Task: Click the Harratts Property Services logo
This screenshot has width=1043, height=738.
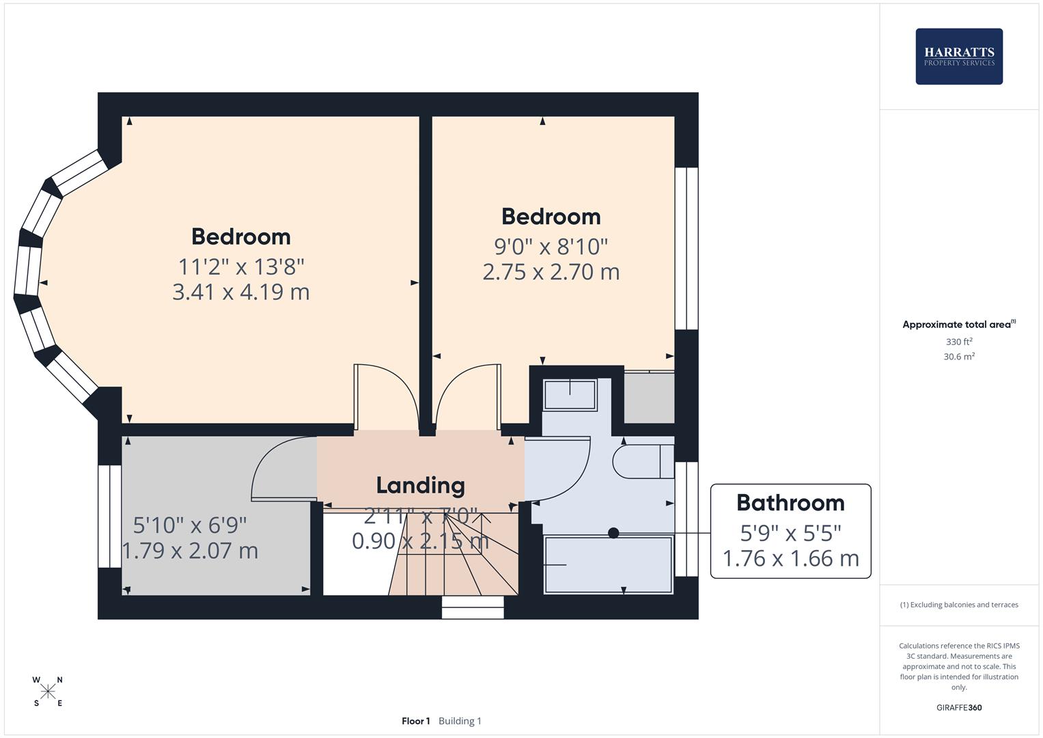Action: pyautogui.click(x=959, y=57)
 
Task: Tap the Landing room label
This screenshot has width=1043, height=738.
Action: pyautogui.click(x=420, y=485)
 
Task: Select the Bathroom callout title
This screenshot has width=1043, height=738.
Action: pyautogui.click(x=790, y=503)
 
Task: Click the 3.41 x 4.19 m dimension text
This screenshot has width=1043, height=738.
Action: pyautogui.click(x=240, y=292)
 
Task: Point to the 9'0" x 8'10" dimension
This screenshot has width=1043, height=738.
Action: pyautogui.click(x=551, y=245)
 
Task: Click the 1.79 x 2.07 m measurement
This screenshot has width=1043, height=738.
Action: pyautogui.click(x=190, y=551)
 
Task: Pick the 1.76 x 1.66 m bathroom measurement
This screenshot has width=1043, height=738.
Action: pyautogui.click(x=790, y=559)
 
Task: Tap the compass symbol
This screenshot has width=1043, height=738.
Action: pyautogui.click(x=48, y=692)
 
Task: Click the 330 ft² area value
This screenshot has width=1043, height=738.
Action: pyautogui.click(x=958, y=342)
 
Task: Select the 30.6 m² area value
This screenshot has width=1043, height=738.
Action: pyautogui.click(x=958, y=357)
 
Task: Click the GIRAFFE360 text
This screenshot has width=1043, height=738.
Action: pyautogui.click(x=958, y=708)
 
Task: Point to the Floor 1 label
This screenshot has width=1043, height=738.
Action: pyautogui.click(x=415, y=721)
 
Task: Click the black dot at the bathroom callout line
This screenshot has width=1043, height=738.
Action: pyautogui.click(x=613, y=533)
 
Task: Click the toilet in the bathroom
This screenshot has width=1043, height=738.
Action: pyautogui.click(x=642, y=461)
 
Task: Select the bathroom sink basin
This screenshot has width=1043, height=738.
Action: pyautogui.click(x=570, y=395)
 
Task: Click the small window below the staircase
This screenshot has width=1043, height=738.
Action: pyautogui.click(x=473, y=607)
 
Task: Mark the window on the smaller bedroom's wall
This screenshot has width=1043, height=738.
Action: pyautogui.click(x=686, y=249)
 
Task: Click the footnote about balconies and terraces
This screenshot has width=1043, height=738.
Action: pyautogui.click(x=958, y=605)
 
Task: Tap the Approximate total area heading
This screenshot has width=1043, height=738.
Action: pyautogui.click(x=958, y=325)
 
